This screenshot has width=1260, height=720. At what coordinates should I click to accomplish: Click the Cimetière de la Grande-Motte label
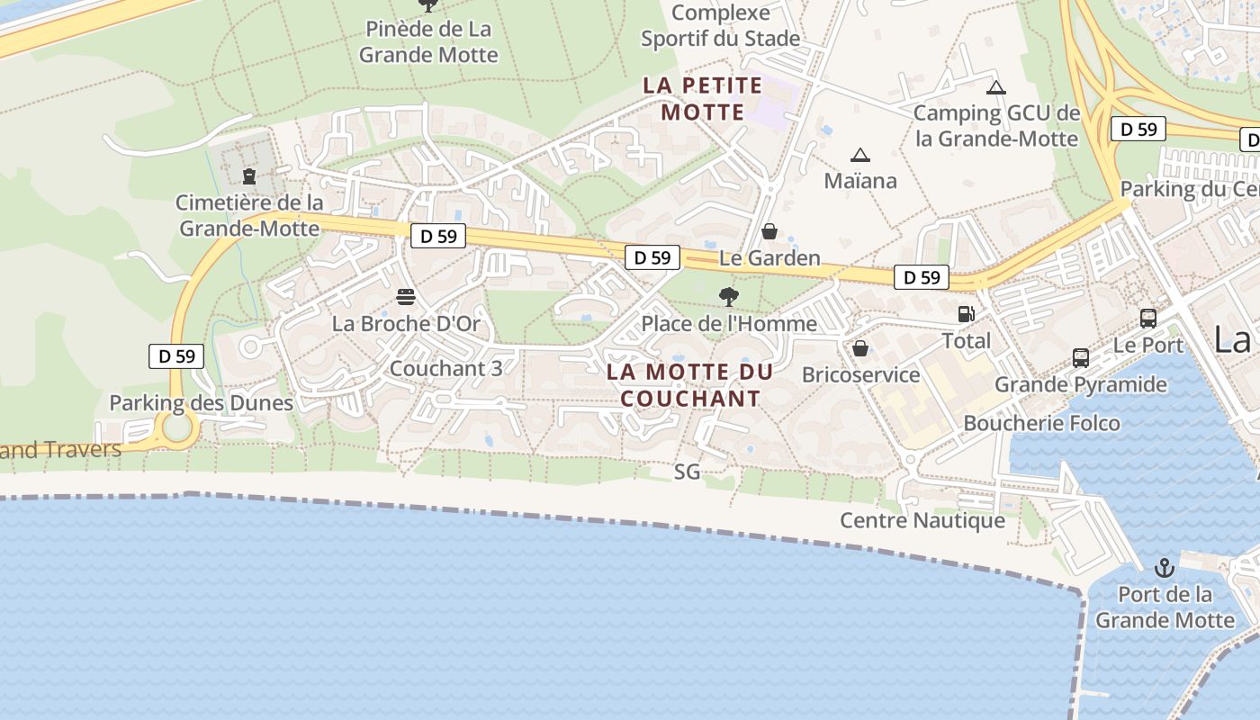(249, 215)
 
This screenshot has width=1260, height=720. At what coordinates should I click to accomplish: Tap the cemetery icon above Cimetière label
(249, 176)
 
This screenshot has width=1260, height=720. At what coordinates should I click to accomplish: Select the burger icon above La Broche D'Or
(406, 297)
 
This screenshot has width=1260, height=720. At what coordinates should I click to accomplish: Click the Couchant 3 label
(445, 368)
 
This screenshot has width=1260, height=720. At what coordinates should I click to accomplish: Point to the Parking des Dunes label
(202, 402)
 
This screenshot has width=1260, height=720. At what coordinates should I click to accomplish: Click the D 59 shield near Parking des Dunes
(176, 355)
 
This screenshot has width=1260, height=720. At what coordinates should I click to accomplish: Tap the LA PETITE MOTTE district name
(702, 99)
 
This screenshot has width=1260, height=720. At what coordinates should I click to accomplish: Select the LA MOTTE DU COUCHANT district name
(690, 385)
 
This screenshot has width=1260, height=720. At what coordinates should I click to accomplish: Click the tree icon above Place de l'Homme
(729, 297)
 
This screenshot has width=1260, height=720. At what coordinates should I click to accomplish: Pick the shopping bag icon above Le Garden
(769, 231)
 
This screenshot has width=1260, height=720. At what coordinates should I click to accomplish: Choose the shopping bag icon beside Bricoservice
(860, 348)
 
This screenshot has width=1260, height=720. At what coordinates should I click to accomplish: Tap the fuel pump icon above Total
(966, 314)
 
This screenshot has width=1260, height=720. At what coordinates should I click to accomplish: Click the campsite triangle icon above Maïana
(860, 155)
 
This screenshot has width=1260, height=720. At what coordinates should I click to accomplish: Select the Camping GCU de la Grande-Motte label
(996, 126)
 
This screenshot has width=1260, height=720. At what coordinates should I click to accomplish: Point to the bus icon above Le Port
(1148, 318)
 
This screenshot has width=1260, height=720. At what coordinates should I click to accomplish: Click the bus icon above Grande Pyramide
(1081, 357)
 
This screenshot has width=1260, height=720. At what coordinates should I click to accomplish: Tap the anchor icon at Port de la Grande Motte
(1165, 568)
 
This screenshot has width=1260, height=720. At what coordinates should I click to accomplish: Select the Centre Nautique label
(922, 520)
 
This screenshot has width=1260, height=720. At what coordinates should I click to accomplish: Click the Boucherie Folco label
(1041, 423)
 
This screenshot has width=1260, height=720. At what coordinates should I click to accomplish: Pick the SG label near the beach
(687, 471)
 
